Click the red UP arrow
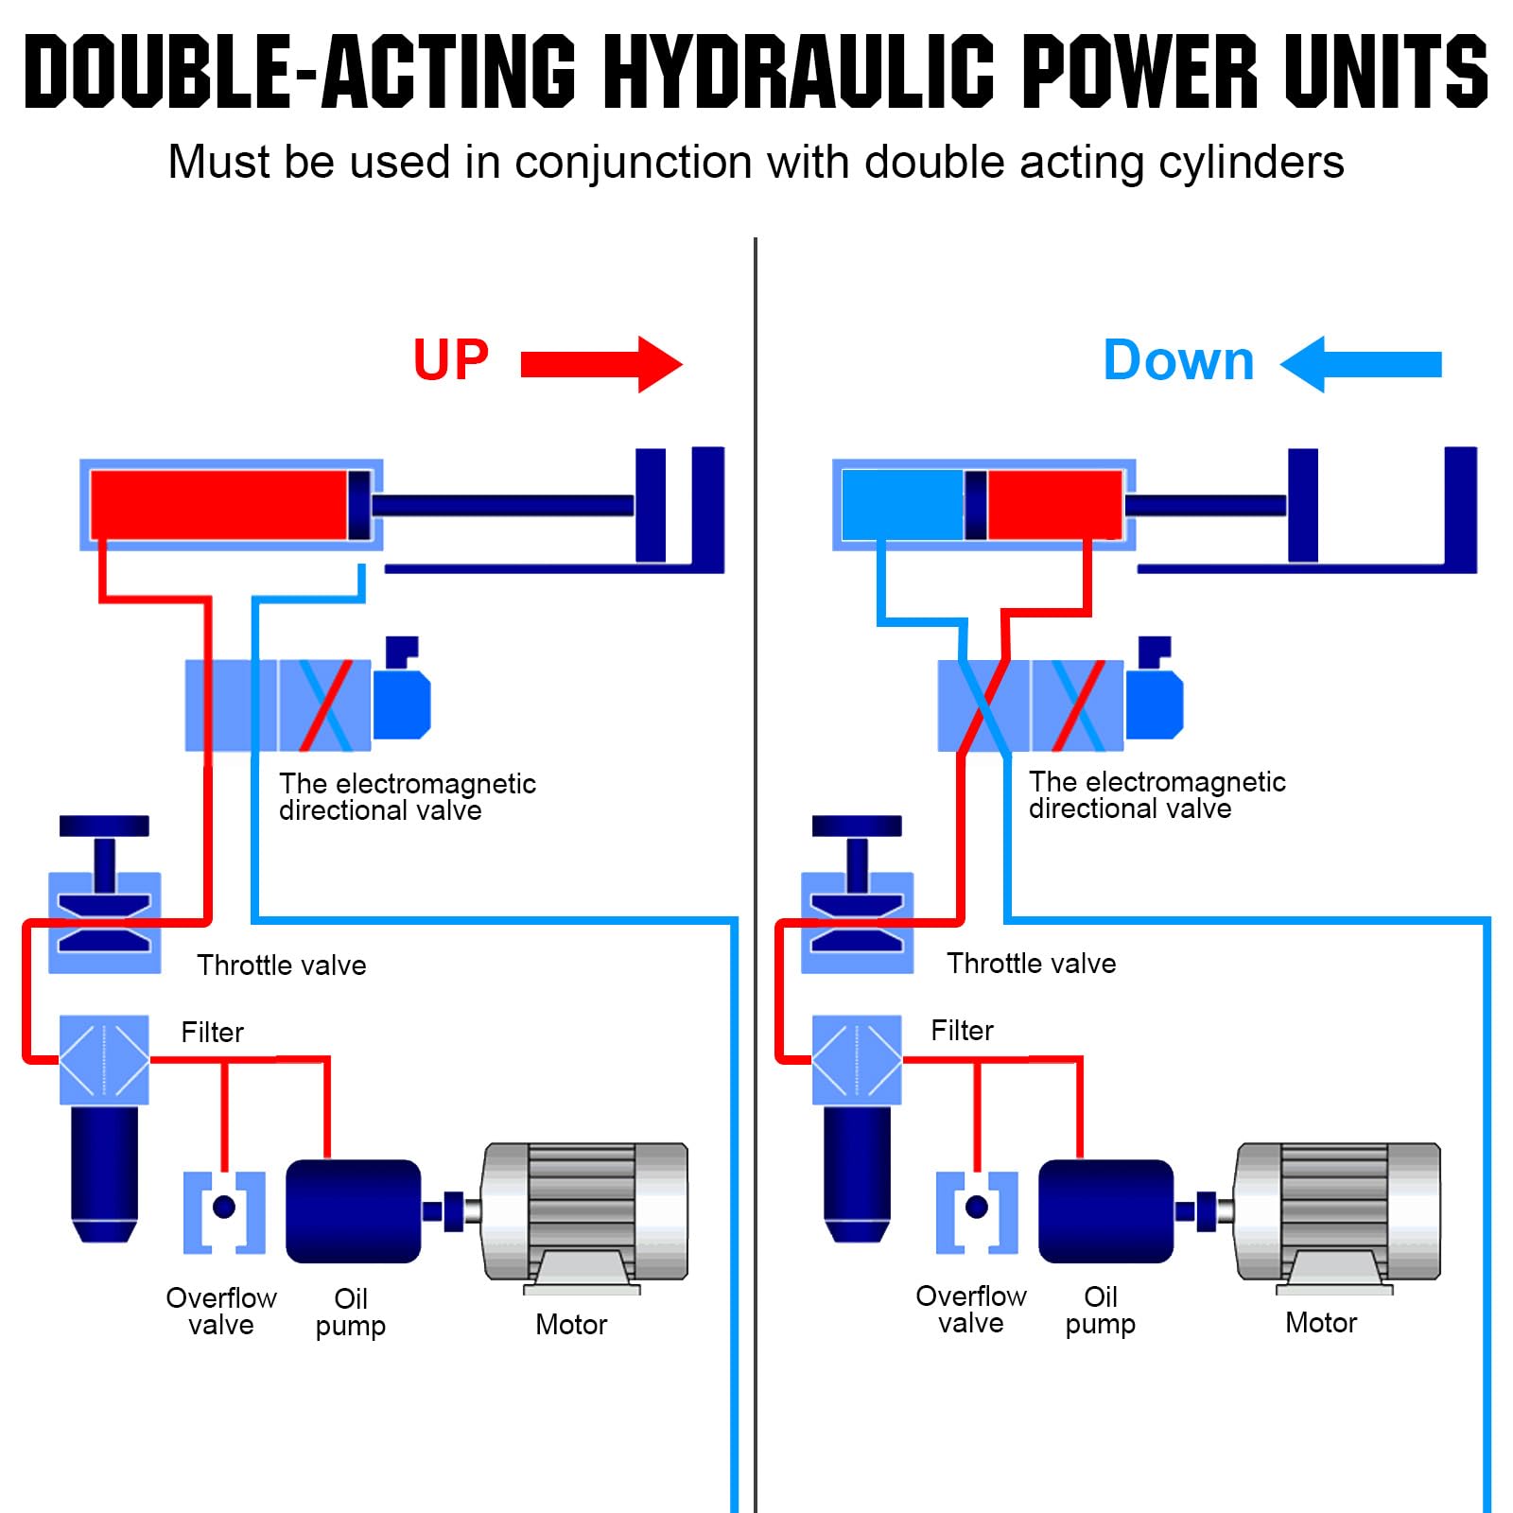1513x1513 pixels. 601,364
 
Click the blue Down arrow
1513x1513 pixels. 1361,364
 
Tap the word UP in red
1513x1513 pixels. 451,360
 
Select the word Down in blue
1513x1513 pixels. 1179,360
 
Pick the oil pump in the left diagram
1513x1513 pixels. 354,1211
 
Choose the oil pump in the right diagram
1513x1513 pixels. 1106,1211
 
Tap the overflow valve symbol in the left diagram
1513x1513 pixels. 224,1212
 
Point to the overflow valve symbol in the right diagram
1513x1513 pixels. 977,1212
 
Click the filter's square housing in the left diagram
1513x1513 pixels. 104,1060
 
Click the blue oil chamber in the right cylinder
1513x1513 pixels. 902,505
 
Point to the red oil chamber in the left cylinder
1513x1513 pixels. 219,505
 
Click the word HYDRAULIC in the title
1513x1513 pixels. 799,71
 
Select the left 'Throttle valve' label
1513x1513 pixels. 282,965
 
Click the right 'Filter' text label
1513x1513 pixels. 962,1031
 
